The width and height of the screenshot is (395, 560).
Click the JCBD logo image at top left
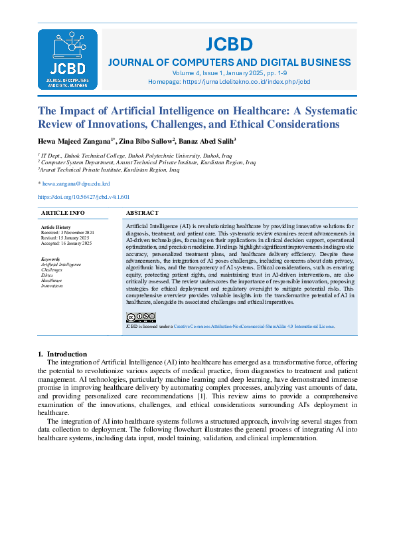point(68,59)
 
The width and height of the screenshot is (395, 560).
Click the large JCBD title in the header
point(229,45)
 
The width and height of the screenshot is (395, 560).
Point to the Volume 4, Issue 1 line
point(229,72)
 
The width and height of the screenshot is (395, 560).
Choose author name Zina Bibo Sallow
point(146,142)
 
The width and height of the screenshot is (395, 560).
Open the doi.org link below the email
point(84,197)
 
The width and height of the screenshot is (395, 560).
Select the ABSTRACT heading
point(142,213)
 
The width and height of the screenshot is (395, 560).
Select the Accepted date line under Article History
point(66,243)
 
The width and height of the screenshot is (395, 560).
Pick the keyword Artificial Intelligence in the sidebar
point(61,264)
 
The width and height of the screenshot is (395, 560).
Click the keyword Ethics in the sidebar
point(47,275)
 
